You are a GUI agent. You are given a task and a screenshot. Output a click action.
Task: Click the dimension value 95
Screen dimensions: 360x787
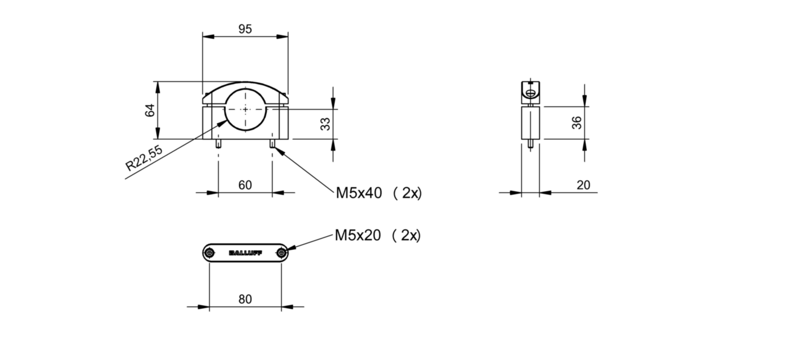click(245, 29)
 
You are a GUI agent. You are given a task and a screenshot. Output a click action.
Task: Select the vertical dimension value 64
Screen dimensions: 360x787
click(150, 110)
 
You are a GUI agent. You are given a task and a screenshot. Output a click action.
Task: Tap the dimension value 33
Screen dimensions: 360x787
click(325, 124)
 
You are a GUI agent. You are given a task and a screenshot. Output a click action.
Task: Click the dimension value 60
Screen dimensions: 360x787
click(245, 185)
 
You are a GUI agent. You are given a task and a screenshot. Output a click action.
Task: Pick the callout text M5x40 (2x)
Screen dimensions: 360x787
click(378, 193)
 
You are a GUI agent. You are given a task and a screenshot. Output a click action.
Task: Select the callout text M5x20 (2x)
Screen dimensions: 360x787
click(378, 235)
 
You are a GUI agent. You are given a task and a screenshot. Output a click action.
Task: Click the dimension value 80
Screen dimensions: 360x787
click(245, 299)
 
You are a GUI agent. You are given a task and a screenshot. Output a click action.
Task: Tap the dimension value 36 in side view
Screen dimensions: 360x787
click(577, 122)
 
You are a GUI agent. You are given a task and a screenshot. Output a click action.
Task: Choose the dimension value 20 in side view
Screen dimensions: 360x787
click(583, 185)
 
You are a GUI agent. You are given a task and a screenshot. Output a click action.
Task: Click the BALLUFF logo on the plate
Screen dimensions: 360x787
click(245, 253)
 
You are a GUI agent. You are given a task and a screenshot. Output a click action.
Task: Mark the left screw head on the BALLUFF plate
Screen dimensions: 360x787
click(210, 253)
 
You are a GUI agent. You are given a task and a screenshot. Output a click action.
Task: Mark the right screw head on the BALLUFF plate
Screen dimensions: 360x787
click(281, 253)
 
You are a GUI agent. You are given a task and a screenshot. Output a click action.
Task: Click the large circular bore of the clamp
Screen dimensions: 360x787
click(245, 109)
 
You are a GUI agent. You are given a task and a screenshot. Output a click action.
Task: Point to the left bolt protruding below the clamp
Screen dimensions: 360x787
click(218, 144)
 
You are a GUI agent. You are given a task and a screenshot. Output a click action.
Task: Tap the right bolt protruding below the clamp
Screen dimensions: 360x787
click(272, 144)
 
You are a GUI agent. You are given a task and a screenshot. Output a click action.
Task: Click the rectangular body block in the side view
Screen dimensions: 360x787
click(530, 122)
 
